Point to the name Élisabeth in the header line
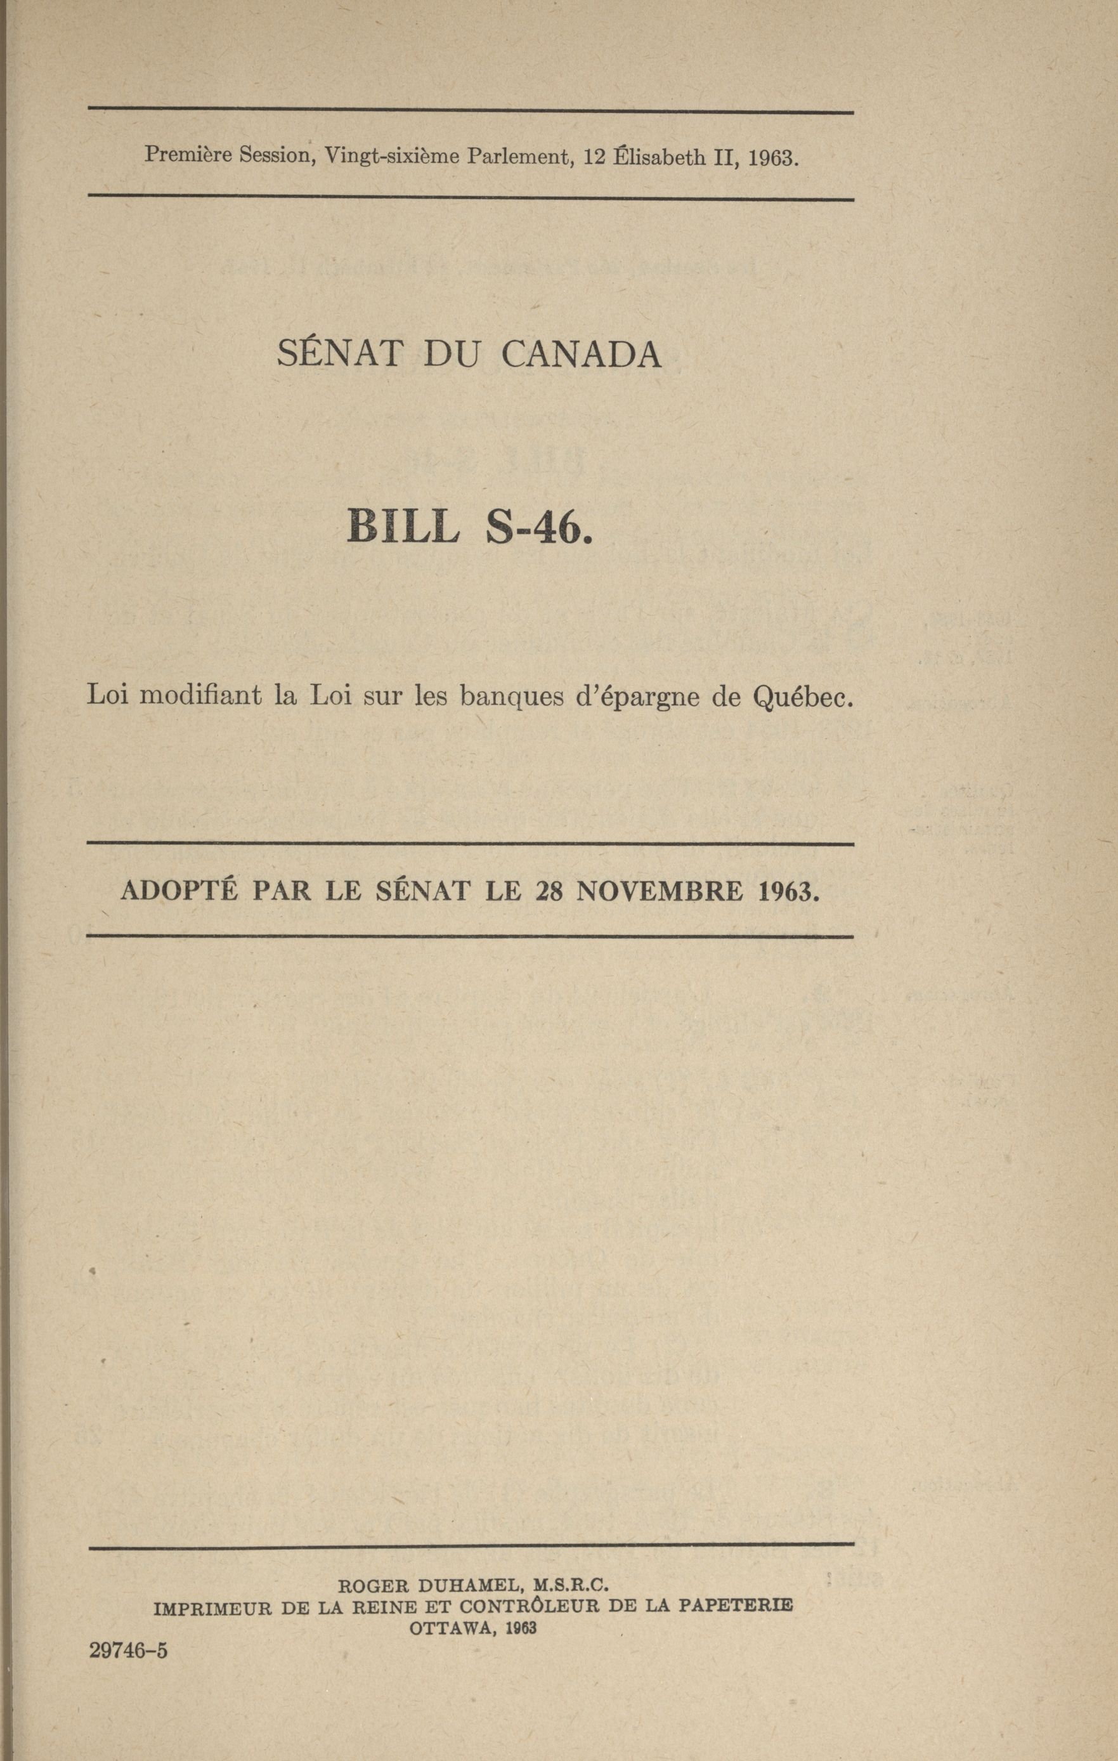(x=655, y=157)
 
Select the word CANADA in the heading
(x=582, y=354)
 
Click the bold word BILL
(x=403, y=526)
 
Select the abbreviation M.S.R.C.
(x=571, y=1584)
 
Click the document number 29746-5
(x=129, y=1651)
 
